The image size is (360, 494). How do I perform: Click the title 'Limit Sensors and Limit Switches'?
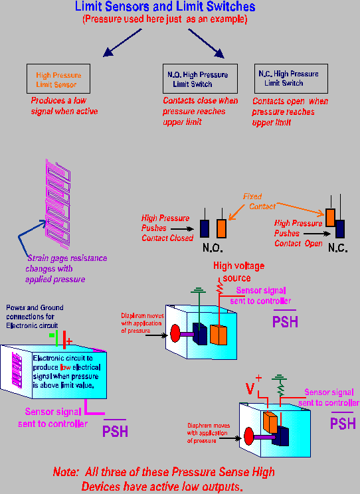[165, 6]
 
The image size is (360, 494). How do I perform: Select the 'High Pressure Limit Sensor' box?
[58, 79]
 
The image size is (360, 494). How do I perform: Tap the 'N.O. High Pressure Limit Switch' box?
[200, 79]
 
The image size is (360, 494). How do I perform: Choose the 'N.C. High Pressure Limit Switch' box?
[291, 78]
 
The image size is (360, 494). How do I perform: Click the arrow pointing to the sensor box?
[122, 43]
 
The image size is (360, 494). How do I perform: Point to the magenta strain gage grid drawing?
[58, 204]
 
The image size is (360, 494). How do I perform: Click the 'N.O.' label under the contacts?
[213, 248]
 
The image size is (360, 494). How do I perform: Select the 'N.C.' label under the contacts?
[337, 248]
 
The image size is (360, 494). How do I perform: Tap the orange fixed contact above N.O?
[222, 228]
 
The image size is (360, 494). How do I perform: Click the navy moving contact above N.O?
[205, 228]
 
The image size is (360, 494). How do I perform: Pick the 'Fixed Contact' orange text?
[259, 201]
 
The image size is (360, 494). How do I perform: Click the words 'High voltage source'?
[238, 272]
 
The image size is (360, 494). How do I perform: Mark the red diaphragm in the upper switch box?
[175, 333]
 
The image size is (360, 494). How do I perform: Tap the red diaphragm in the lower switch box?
[249, 436]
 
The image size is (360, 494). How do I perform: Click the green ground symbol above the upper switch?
[198, 290]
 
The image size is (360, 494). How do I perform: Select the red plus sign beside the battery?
[69, 341]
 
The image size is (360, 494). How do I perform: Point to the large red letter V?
[250, 388]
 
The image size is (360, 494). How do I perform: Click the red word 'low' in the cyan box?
[66, 367]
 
